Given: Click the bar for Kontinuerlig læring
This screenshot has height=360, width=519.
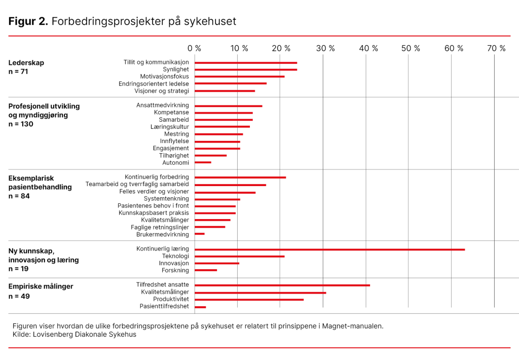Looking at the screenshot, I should pyautogui.click(x=329, y=249).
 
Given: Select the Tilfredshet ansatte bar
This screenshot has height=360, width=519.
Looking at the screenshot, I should pyautogui.click(x=282, y=285).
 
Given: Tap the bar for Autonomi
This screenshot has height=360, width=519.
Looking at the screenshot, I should pyautogui.click(x=203, y=162).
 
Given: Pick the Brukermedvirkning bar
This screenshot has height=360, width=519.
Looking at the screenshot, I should pyautogui.click(x=200, y=234).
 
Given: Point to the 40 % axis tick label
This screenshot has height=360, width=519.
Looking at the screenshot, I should pyautogui.click(x=368, y=49).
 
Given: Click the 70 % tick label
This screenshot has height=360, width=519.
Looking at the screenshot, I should pyautogui.click(x=496, y=49).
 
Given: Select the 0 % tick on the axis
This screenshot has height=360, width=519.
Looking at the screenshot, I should pyautogui.click(x=194, y=49).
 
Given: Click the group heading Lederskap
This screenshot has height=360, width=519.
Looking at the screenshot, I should pyautogui.click(x=26, y=63).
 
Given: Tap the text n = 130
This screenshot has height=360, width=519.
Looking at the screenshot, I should pyautogui.click(x=21, y=124).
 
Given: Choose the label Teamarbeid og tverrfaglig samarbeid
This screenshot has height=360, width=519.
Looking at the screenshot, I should pyautogui.click(x=137, y=184).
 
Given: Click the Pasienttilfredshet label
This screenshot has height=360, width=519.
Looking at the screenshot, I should pyautogui.click(x=164, y=306).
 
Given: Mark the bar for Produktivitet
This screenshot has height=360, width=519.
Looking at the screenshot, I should pyautogui.click(x=249, y=300).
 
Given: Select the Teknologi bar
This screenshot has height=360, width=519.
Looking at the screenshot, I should pyautogui.click(x=240, y=257).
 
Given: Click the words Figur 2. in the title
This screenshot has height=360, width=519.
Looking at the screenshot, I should pyautogui.click(x=28, y=22).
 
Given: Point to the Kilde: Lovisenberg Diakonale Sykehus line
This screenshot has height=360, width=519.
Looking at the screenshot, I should pyautogui.click(x=75, y=335).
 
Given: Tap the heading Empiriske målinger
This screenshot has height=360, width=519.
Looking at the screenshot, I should pyautogui.click(x=41, y=286).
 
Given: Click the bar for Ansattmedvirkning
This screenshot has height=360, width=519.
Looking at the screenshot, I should pyautogui.click(x=229, y=106).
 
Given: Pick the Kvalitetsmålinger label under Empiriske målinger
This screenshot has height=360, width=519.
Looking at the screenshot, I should pyautogui.click(x=165, y=292).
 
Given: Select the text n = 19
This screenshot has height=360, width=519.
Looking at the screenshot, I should pyautogui.click(x=19, y=269).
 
